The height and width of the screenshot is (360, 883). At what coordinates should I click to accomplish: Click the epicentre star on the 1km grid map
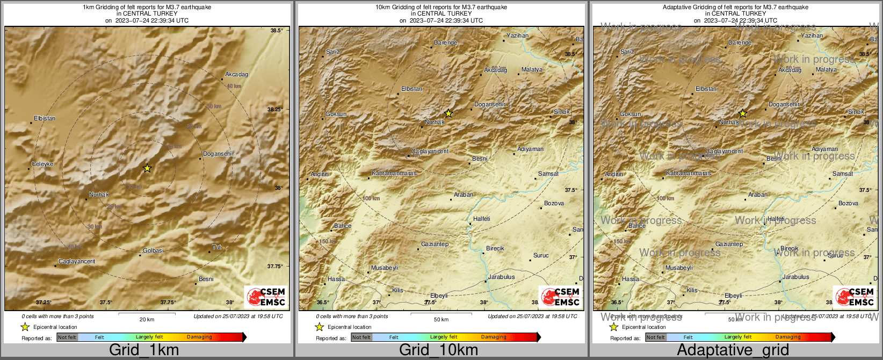point(147,168)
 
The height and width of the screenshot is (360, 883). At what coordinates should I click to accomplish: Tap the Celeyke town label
point(42,164)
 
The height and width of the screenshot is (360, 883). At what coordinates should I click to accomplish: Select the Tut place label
point(216,247)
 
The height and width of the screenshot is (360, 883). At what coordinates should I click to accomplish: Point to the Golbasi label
point(153,251)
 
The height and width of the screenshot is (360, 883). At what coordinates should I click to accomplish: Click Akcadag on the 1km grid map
point(236,74)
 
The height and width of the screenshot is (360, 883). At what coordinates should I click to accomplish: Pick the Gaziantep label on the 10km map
point(435,244)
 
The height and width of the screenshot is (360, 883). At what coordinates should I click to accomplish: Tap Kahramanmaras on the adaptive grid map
point(688,174)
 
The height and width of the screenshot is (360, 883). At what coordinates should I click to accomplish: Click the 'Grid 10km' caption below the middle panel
point(438,350)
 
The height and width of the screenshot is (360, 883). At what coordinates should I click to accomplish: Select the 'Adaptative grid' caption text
point(733,350)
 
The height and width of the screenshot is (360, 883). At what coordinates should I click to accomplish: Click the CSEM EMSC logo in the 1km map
point(266,297)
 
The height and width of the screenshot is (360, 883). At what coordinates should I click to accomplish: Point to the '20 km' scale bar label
point(147,320)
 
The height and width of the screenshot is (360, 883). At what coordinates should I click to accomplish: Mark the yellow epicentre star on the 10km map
point(448,113)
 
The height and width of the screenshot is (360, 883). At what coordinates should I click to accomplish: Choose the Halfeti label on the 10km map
point(481,219)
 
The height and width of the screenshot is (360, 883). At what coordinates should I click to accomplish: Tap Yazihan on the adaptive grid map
point(812,35)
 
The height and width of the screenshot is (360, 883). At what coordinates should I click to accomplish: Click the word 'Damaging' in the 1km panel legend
point(199,337)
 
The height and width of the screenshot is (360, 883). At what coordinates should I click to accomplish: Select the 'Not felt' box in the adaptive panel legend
point(656,337)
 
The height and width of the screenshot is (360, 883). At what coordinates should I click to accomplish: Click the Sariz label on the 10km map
point(333,52)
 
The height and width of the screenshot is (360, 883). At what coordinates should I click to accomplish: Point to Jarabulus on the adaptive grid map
point(795,277)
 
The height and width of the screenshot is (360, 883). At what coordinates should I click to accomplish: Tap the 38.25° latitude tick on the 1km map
point(275,109)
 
